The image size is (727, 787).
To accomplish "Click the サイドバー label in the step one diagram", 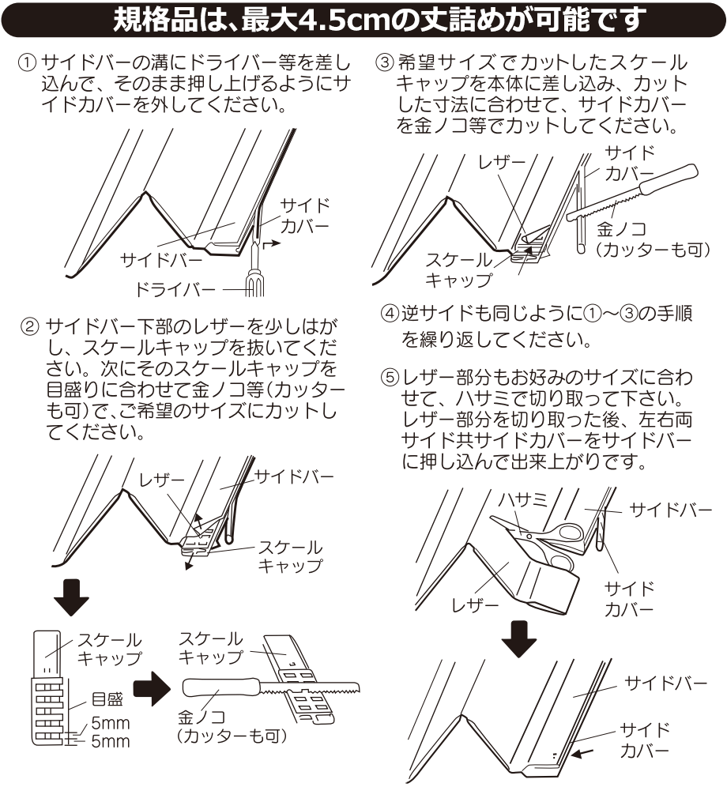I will (152, 258).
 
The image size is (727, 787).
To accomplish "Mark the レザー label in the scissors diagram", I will (474, 606).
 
